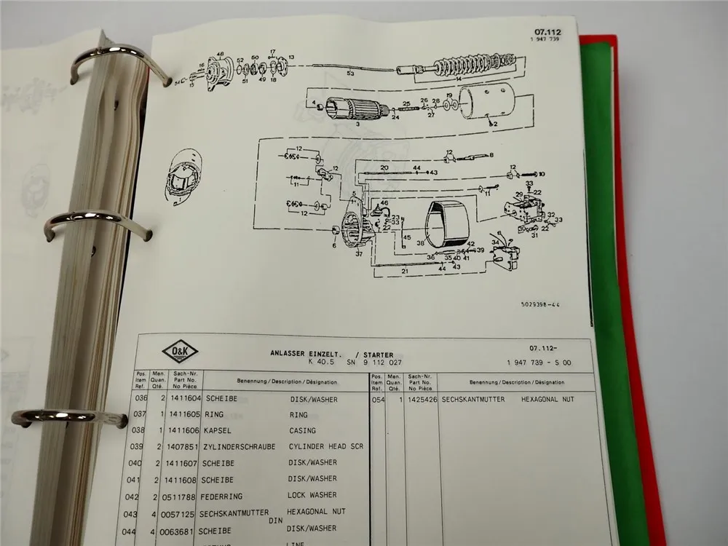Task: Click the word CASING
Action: point(303,431)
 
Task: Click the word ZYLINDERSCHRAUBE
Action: point(241,446)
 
